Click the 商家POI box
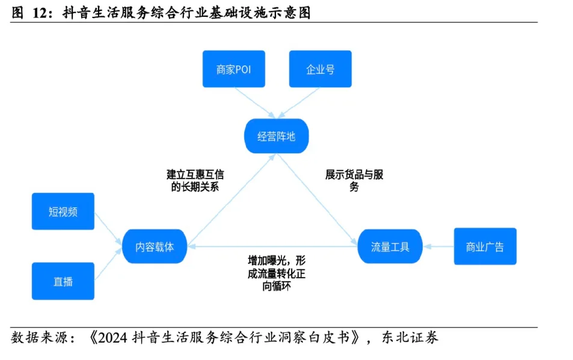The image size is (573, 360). pyautogui.click(x=233, y=69)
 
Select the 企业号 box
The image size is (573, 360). pyautogui.click(x=320, y=69)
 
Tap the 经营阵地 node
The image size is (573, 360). pyautogui.click(x=277, y=136)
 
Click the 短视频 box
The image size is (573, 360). pyautogui.click(x=63, y=212)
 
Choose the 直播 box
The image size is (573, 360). pyautogui.click(x=63, y=281)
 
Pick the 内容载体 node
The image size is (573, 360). pyautogui.click(x=155, y=246)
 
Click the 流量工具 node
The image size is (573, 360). pyautogui.click(x=390, y=246)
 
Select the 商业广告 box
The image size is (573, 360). pyautogui.click(x=485, y=246)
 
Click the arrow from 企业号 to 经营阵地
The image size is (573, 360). pyautogui.click(x=298, y=102)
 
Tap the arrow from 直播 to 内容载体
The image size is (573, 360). pyautogui.click(x=108, y=264)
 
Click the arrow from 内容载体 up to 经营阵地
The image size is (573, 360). pyautogui.click(x=231, y=198)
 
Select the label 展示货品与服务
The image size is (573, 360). pyautogui.click(x=354, y=180)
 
